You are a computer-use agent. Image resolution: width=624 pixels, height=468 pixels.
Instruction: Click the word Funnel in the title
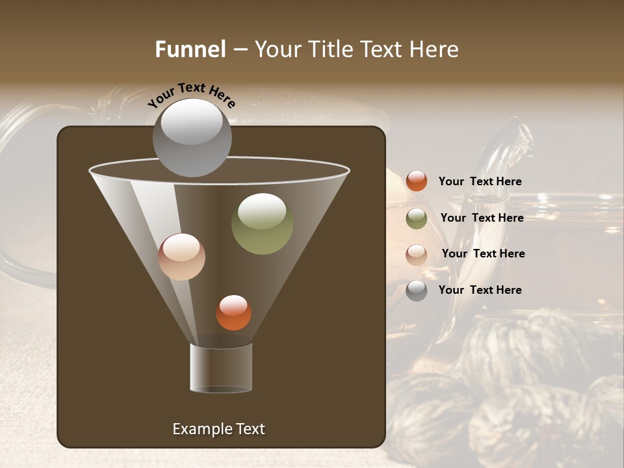pyautogui.click(x=190, y=49)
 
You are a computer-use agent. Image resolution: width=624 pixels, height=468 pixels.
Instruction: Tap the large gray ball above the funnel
pyautogui.click(x=192, y=137)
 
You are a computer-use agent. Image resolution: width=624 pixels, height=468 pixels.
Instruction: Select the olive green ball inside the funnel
pyautogui.click(x=263, y=224)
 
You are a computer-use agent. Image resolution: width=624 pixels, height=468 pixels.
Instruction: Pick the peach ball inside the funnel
pyautogui.click(x=182, y=257)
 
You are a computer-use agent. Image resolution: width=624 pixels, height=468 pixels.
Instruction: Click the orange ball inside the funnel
pyautogui.click(x=233, y=313)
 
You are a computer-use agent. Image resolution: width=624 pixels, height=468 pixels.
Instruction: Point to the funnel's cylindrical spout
pyautogui.click(x=221, y=368)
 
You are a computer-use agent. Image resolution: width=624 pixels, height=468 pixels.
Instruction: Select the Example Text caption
pyautogui.click(x=218, y=429)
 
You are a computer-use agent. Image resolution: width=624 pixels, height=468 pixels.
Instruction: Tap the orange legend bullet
pyautogui.click(x=417, y=181)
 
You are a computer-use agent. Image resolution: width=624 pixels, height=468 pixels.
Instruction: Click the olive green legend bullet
pyautogui.click(x=417, y=218)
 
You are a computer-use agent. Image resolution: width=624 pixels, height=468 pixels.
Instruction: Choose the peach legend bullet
pyautogui.click(x=417, y=254)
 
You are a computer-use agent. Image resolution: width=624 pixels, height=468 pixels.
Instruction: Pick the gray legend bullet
pyautogui.click(x=417, y=291)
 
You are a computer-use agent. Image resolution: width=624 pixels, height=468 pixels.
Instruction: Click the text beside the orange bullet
pyautogui.click(x=480, y=181)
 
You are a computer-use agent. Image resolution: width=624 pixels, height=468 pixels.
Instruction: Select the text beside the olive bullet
pyautogui.click(x=482, y=218)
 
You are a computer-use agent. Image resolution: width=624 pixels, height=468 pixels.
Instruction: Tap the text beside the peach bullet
pyautogui.click(x=483, y=253)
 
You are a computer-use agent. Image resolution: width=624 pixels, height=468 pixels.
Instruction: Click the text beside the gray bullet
pyautogui.click(x=480, y=290)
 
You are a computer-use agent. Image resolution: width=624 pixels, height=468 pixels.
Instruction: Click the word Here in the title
pyautogui.click(x=435, y=49)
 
